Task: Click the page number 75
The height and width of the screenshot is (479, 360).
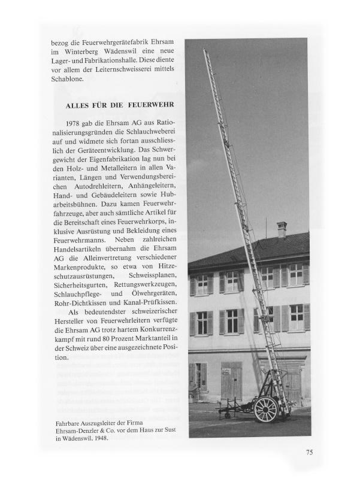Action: click(305, 452)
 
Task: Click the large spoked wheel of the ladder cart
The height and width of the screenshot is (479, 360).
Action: click(266, 410)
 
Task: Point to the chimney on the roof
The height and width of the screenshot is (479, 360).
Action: click(282, 230)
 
